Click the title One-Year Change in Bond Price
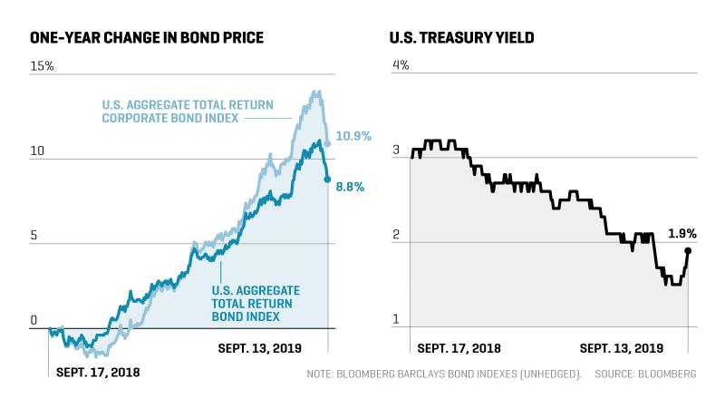click(147, 37)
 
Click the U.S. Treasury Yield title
click(461, 37)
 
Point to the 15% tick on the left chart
click(42, 66)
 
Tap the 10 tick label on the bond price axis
click(37, 151)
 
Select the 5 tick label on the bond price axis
click(34, 236)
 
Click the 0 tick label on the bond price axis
click(34, 320)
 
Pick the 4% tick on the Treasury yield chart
click(401, 65)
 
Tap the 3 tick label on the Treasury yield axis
click(396, 150)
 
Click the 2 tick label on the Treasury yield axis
click(396, 235)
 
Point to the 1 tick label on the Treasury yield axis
click(395, 319)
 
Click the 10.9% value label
click(353, 136)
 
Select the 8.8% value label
click(350, 187)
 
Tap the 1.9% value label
click(682, 234)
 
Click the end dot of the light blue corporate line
click(328, 144)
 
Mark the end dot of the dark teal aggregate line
click(328, 179)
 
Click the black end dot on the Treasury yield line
click(688, 251)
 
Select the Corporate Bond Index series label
click(188, 112)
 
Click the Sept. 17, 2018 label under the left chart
click(98, 373)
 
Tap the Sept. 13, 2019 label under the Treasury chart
click(622, 348)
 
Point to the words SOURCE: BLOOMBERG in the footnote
click(645, 374)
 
